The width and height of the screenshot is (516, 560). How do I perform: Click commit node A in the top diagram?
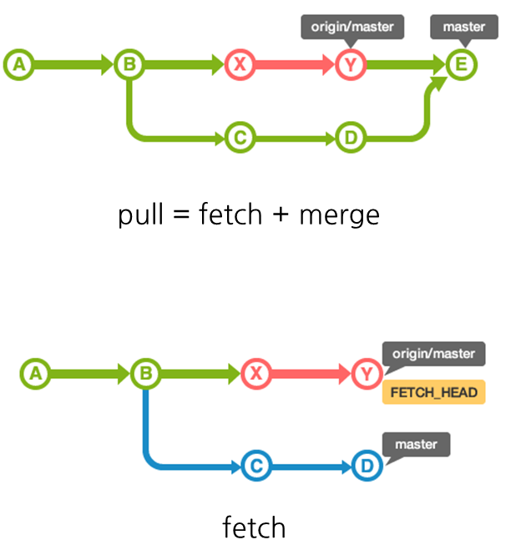[x=18, y=64]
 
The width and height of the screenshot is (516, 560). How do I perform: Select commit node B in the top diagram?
[x=128, y=64]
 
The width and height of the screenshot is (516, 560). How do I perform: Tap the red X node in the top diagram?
[x=240, y=64]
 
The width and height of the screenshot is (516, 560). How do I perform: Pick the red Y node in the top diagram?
[x=351, y=64]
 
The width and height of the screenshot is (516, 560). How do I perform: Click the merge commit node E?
[x=460, y=64]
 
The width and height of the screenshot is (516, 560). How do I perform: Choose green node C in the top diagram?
[x=240, y=137]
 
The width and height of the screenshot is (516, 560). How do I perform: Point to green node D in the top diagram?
[x=351, y=137]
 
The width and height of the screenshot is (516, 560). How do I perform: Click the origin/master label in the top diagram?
[x=352, y=27]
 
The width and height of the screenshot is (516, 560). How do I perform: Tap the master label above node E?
[x=463, y=27]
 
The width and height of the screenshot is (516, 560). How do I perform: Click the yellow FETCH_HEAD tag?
[x=433, y=392]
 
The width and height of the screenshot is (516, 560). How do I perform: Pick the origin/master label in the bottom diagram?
[x=433, y=354]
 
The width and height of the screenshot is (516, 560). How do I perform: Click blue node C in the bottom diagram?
[x=255, y=466]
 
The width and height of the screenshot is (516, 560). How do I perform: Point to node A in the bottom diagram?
[x=34, y=374]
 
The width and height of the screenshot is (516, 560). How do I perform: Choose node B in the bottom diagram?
[x=145, y=374]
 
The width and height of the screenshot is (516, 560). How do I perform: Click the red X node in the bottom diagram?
[x=255, y=374]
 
